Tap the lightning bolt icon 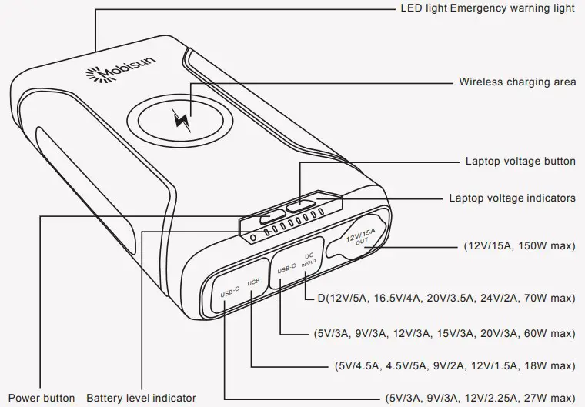tap(182, 121)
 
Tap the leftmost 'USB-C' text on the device tap(230, 293)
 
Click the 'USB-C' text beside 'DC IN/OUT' tap(286, 269)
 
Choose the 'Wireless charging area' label tap(517, 82)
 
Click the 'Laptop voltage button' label tap(520, 162)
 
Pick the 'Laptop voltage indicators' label tap(512, 198)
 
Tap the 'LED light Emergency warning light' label tap(488, 8)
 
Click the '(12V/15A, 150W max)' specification tap(520, 248)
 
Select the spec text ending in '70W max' tap(440, 297)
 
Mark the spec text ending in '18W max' tap(456, 365)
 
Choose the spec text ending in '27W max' tap(480, 399)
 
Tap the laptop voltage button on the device tap(299, 206)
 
